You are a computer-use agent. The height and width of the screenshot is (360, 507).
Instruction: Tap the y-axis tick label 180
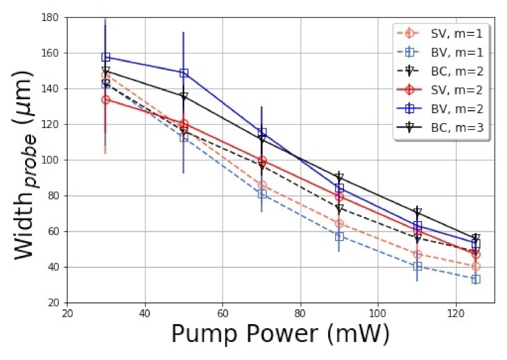click(x=49, y=18)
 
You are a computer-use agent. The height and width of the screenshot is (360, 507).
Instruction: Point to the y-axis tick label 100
click(x=49, y=160)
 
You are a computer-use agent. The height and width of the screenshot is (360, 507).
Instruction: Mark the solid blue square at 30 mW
click(x=106, y=57)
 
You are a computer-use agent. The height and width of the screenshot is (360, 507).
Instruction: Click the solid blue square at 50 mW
click(x=184, y=73)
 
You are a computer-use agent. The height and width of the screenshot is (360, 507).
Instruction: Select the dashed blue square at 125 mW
click(x=475, y=279)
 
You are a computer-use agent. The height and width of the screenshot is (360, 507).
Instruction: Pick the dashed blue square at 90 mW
click(x=339, y=237)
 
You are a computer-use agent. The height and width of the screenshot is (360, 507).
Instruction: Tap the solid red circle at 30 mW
click(x=106, y=100)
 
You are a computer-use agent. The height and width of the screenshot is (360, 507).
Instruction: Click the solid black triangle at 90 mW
click(x=339, y=177)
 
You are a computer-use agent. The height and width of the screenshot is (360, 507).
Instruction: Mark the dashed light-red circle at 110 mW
click(x=417, y=254)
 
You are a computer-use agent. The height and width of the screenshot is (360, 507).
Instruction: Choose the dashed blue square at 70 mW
click(x=261, y=194)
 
